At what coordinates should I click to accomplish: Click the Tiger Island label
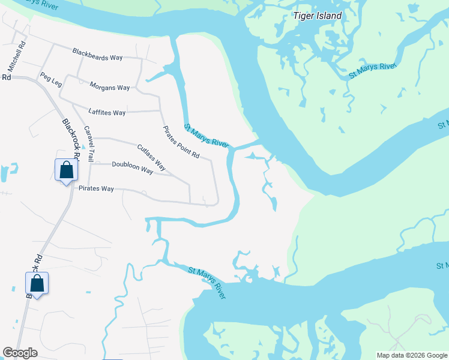coord(318,16)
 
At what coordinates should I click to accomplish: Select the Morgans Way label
coord(109,88)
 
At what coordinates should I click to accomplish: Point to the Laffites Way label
coord(107,112)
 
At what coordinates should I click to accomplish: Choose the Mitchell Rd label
coord(17,54)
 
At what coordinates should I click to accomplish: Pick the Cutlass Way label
coord(151,157)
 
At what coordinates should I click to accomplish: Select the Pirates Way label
coord(96,188)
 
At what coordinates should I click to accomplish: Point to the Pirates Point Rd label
coord(181,142)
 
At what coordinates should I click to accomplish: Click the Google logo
coord(20,353)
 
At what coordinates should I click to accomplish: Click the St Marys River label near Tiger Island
coord(373,70)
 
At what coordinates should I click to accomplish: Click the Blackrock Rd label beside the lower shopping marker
coord(35,275)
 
